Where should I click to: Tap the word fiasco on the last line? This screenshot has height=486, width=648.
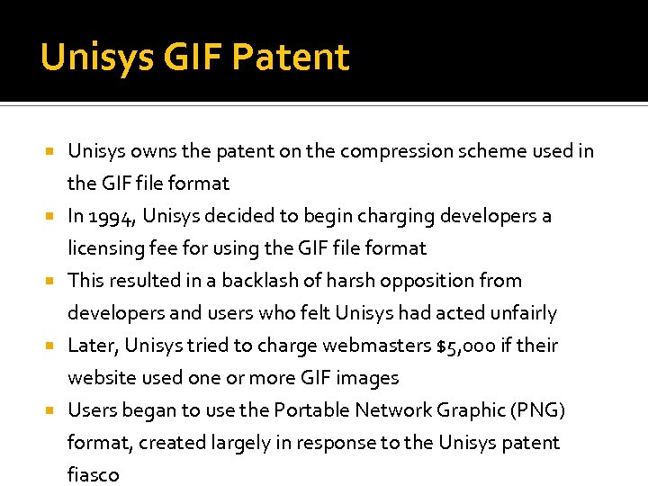point(93,475)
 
